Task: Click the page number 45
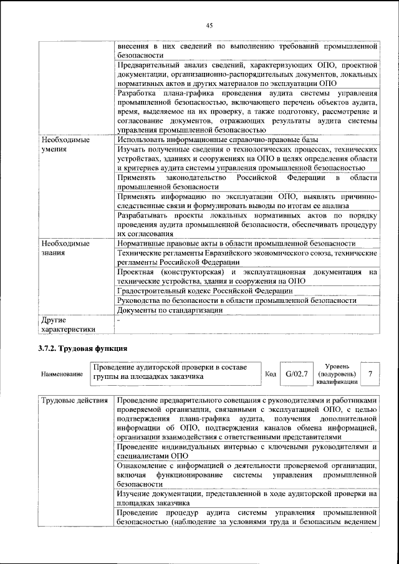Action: [x=209, y=25]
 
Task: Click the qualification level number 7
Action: [x=370, y=374]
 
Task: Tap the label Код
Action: [x=271, y=374]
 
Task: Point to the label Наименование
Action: [x=62, y=375]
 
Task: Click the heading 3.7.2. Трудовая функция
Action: [x=83, y=348]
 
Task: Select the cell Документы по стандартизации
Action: [x=170, y=310]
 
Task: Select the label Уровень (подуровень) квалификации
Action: [x=337, y=374]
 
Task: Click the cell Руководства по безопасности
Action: [x=236, y=300]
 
